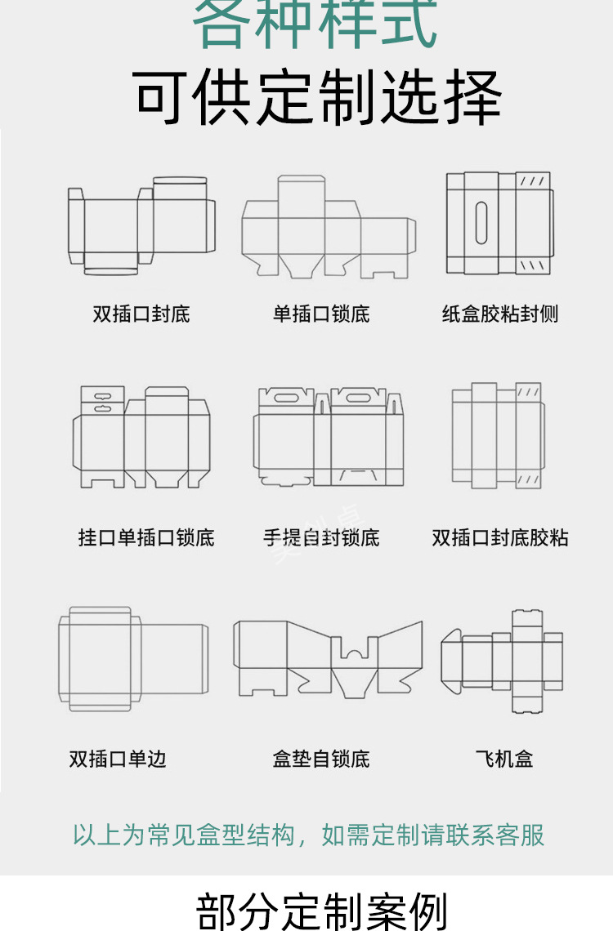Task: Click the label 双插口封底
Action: [141, 314]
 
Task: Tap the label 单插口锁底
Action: [321, 314]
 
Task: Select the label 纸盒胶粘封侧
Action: [500, 314]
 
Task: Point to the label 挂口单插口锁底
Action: [146, 537]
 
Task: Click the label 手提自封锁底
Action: [321, 537]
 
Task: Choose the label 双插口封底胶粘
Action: [500, 537]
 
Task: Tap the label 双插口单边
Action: [118, 759]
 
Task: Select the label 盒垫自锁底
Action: [321, 759]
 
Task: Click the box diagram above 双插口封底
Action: [141, 225]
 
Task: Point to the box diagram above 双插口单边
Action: [132, 657]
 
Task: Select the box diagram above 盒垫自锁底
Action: [328, 658]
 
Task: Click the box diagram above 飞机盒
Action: [502, 661]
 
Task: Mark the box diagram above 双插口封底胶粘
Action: [497, 434]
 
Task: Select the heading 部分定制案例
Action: [322, 910]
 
